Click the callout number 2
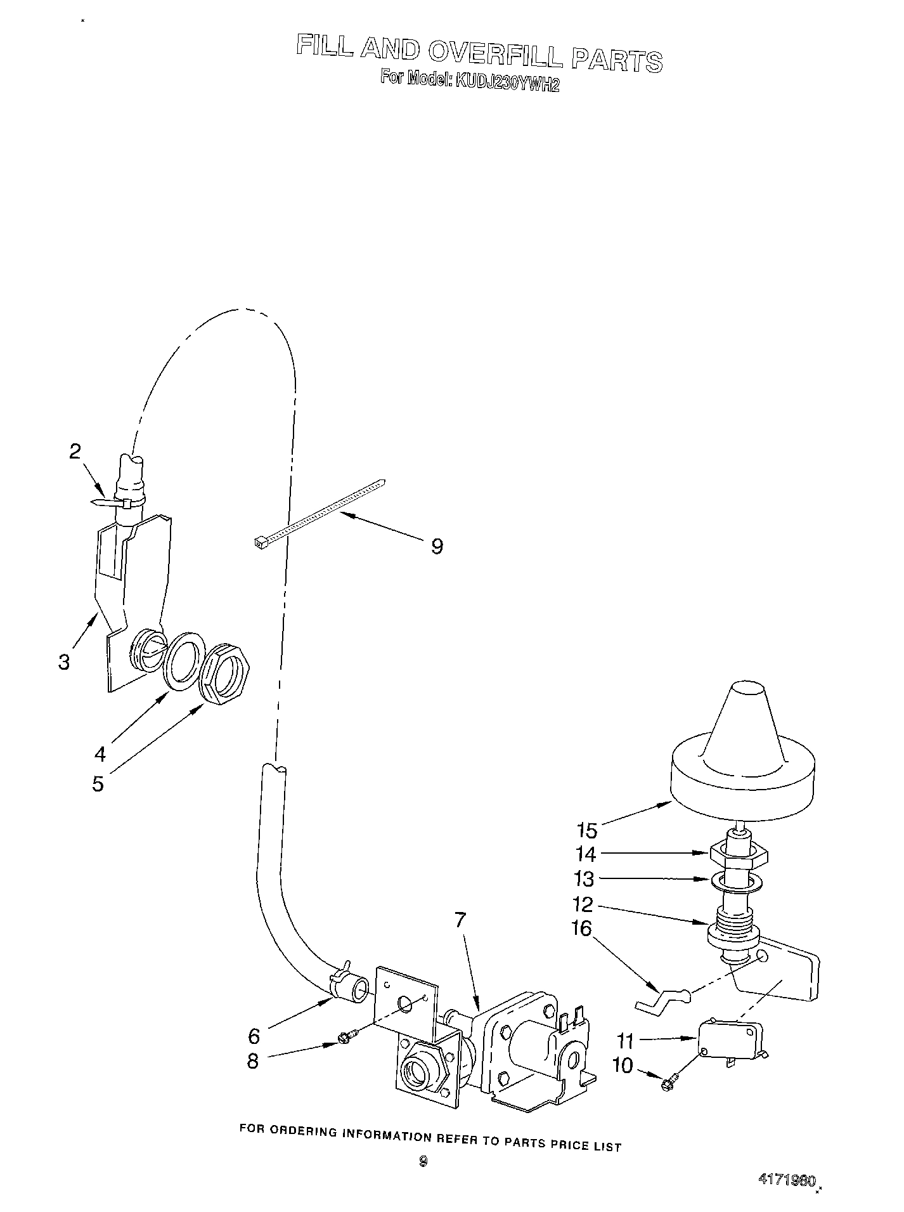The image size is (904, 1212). (x=75, y=452)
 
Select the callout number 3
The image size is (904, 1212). (x=64, y=662)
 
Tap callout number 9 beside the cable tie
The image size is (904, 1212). (x=437, y=546)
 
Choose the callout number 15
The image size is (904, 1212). (x=587, y=830)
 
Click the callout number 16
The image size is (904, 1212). (x=581, y=929)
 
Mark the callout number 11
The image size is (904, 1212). (x=626, y=1041)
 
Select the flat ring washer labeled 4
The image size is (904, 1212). (x=184, y=660)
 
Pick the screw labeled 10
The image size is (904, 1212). (x=669, y=1085)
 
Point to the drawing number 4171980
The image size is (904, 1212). (x=785, y=1180)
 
